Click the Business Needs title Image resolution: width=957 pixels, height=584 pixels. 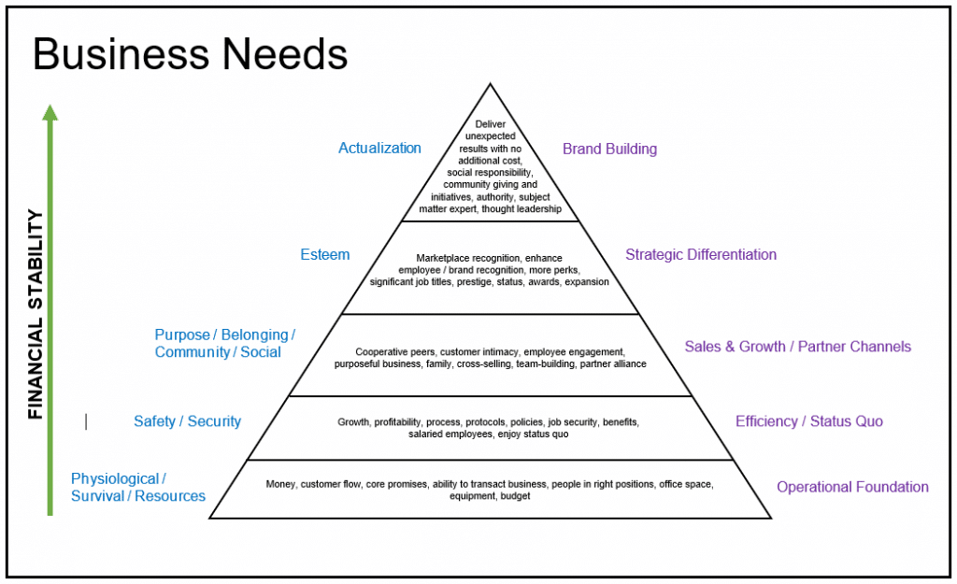190,55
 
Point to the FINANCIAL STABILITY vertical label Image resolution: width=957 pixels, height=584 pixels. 36,314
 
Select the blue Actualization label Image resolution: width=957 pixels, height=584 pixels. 379,148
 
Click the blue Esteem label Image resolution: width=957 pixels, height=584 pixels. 324,254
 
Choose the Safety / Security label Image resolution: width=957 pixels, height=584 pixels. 187,421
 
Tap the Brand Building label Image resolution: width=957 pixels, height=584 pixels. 609,149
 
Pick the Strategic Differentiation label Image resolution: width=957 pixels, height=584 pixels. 701,254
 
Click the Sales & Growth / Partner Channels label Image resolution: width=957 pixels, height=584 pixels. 797,347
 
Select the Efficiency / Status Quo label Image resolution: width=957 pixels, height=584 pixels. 808,421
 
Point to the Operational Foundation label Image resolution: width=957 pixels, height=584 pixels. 852,487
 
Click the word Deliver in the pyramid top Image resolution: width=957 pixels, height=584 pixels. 490,124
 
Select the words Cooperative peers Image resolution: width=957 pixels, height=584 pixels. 390,351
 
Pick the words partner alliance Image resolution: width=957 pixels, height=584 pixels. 613,363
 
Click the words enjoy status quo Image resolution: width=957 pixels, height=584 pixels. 535,434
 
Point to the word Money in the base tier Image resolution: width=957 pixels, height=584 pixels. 280,484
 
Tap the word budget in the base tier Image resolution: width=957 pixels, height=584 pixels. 515,496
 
